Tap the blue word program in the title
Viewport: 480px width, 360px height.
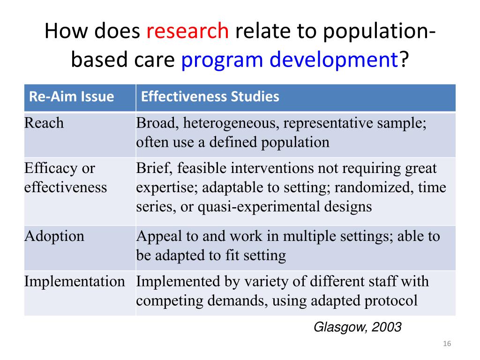[x=218, y=60]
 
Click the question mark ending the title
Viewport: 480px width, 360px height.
[x=404, y=60]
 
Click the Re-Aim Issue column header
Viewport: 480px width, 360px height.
[x=72, y=97]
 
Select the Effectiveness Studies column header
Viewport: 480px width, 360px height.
[x=210, y=97]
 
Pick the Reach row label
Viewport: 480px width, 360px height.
[x=44, y=123]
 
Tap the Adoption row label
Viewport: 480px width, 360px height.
[x=54, y=236]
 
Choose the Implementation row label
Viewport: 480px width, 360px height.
[x=75, y=281]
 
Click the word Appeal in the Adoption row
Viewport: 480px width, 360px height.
[x=154, y=236]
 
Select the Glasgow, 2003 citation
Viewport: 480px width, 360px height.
[x=357, y=327]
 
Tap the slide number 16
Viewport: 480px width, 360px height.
[x=446, y=345]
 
